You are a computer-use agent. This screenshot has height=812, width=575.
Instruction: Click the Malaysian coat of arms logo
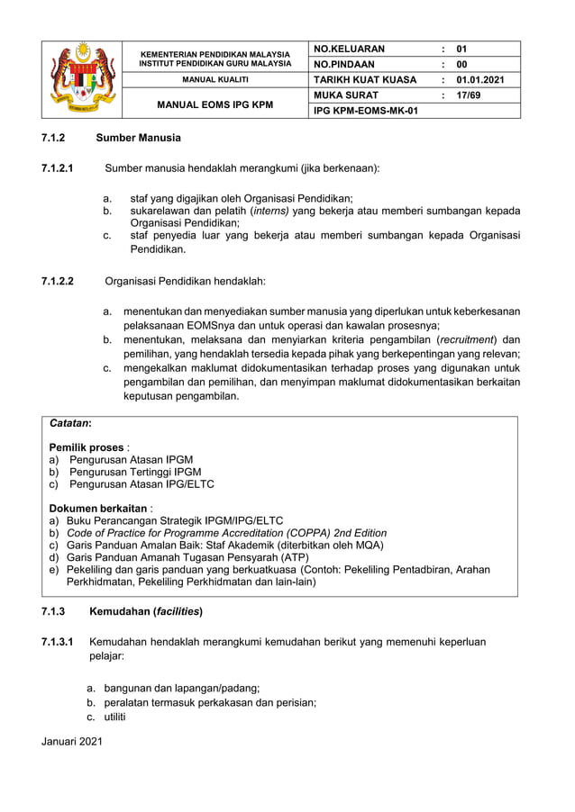(x=84, y=79)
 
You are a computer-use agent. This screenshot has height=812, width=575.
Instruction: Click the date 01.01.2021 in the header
(x=480, y=79)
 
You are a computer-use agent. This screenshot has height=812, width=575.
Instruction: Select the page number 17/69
(x=469, y=95)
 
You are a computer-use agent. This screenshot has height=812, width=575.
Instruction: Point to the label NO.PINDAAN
(x=343, y=64)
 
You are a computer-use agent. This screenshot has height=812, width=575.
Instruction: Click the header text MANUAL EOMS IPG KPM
(x=214, y=104)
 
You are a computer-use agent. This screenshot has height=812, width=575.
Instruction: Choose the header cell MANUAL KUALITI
(x=214, y=80)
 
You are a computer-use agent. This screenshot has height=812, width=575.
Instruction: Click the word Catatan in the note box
(x=68, y=422)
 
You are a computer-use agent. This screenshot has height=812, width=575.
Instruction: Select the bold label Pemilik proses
(x=87, y=447)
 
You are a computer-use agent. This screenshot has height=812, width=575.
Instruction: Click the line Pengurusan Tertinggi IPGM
(x=135, y=472)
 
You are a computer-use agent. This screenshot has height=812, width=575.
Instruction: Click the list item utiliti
(x=114, y=717)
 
